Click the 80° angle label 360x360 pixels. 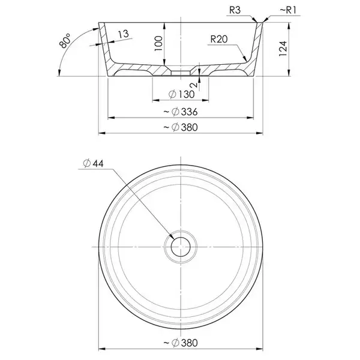click(65, 41)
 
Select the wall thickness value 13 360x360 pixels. click(124, 34)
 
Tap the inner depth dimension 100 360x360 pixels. click(158, 43)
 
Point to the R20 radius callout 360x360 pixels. click(219, 39)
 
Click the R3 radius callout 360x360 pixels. click(235, 10)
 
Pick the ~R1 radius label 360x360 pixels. click(288, 10)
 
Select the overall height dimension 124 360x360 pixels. click(283, 49)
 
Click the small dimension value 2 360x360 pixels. click(194, 85)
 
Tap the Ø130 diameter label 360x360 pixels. click(181, 94)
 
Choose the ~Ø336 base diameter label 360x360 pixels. click(181, 112)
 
